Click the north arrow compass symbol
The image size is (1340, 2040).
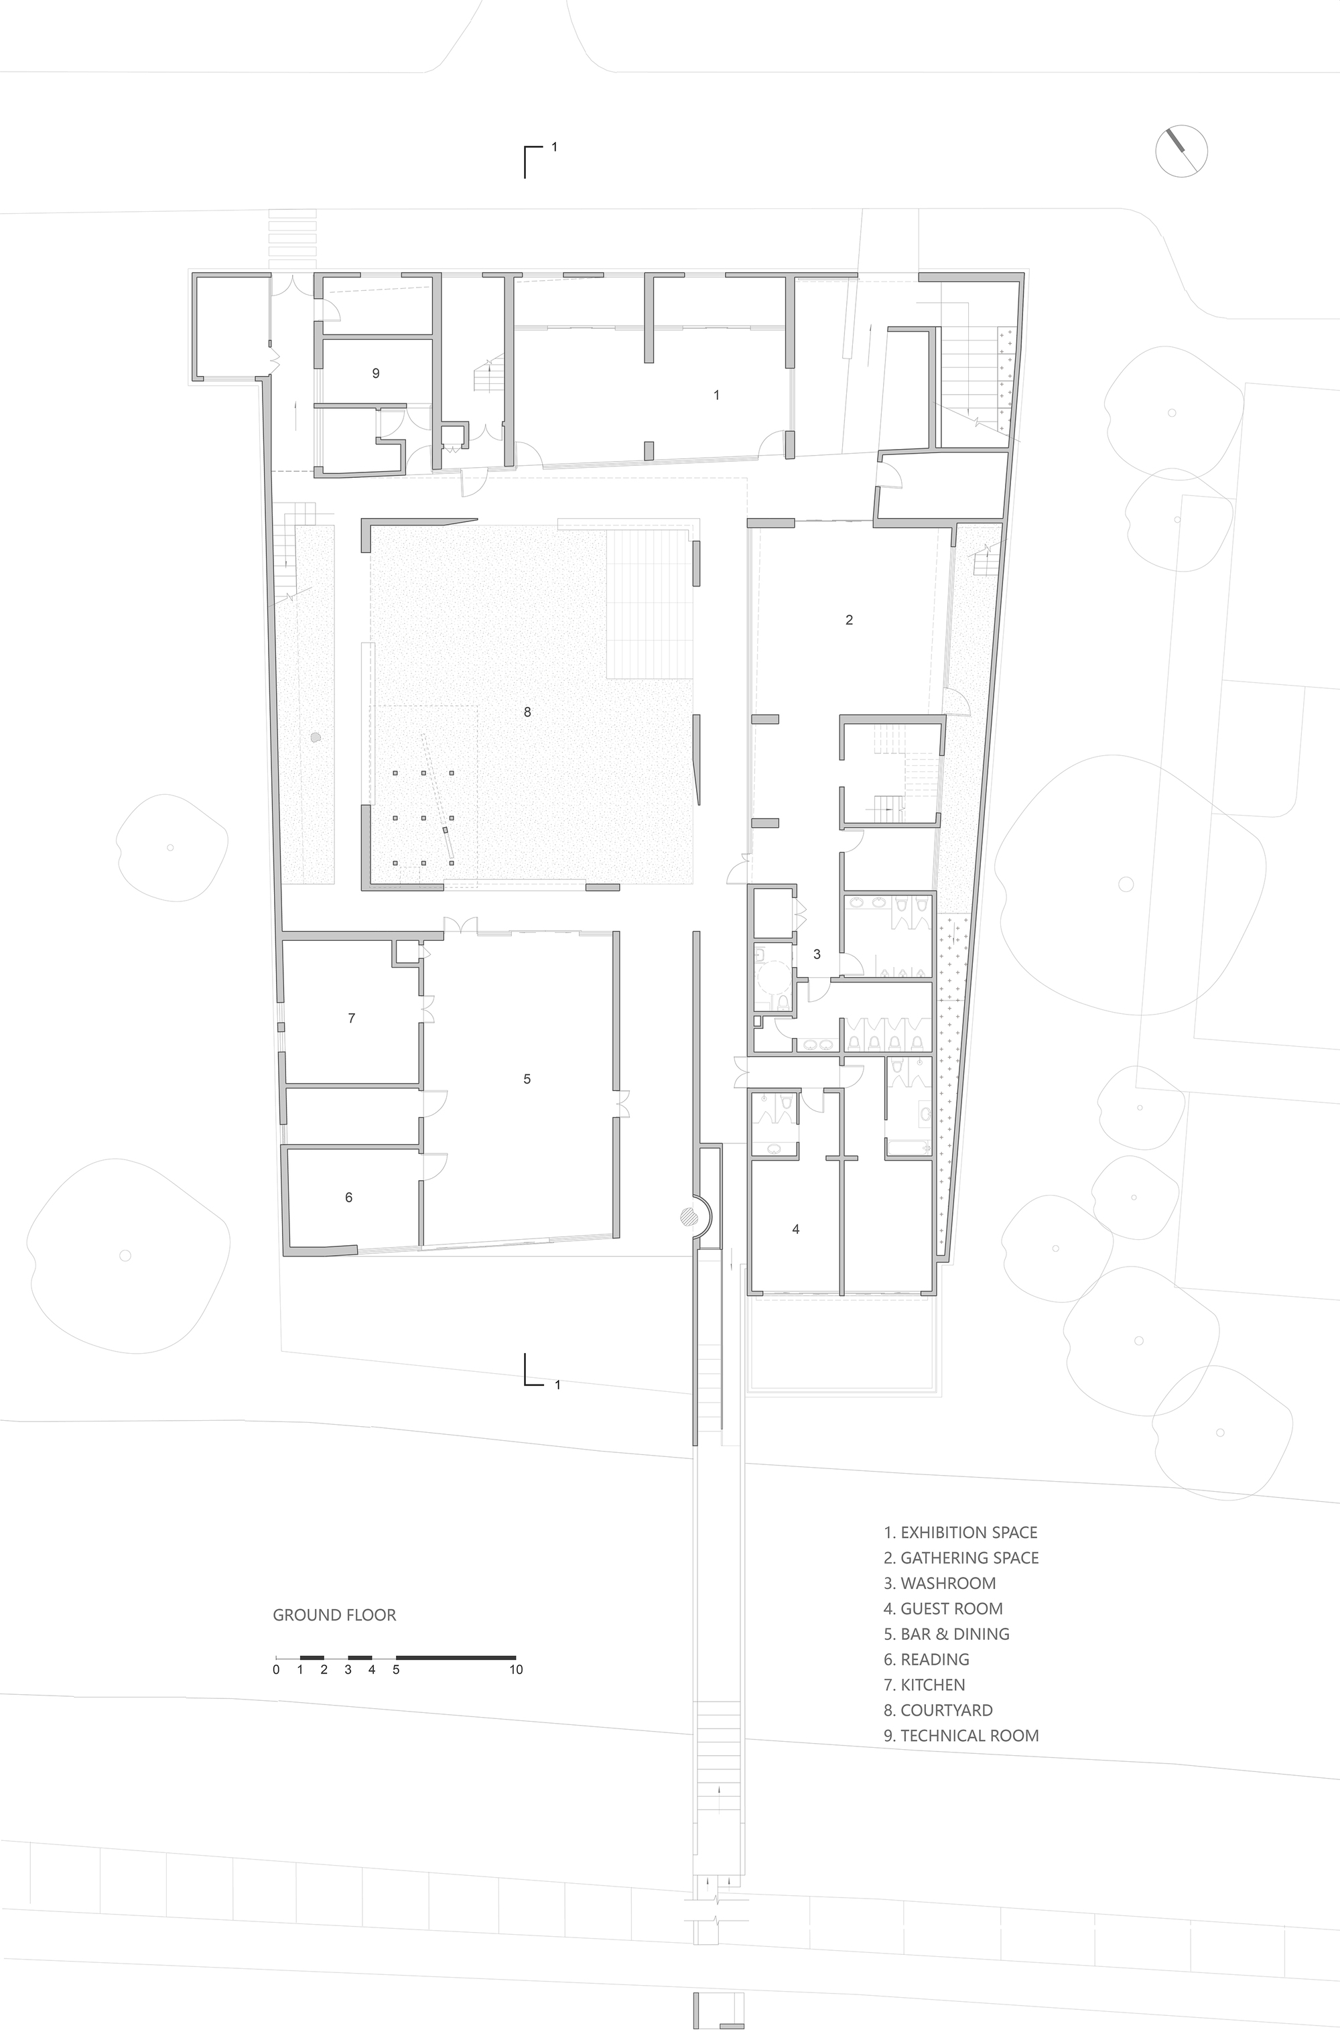[1181, 151]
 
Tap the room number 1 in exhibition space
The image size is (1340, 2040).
[716, 395]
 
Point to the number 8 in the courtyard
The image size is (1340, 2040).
[527, 712]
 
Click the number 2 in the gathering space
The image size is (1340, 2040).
[849, 620]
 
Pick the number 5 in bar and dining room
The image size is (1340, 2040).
[527, 1079]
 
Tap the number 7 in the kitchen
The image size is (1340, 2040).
[351, 1018]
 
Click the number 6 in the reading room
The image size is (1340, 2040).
[348, 1198]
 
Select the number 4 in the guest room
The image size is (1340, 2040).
[796, 1229]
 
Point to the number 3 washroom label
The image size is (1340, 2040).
[817, 954]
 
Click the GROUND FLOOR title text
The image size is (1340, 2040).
[334, 1616]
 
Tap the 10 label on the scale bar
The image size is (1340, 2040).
[516, 1669]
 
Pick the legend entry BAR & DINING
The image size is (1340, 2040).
[946, 1634]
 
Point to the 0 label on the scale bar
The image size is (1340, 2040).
[276, 1669]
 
